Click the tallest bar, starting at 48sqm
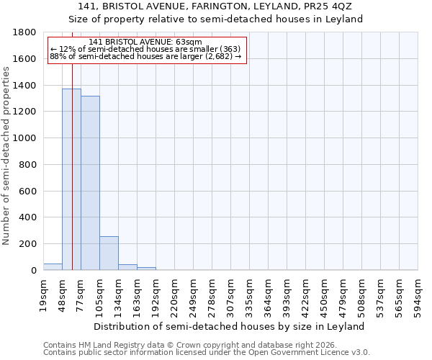point(71,180)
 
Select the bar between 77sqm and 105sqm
point(90,184)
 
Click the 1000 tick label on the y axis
point(27,138)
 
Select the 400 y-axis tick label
point(30,217)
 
